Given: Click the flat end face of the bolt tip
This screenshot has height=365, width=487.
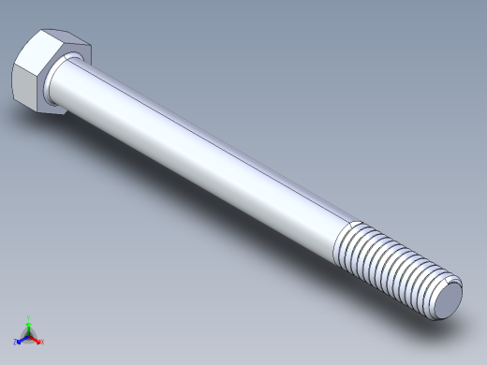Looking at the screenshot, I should (x=446, y=301).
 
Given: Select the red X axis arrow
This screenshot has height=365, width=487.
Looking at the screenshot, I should (x=36, y=339).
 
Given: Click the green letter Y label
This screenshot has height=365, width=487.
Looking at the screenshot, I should (x=29, y=317).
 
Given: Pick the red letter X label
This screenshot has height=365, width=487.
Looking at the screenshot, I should (x=41, y=342).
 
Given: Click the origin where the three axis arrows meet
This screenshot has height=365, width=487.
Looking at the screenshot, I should (x=28, y=335).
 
